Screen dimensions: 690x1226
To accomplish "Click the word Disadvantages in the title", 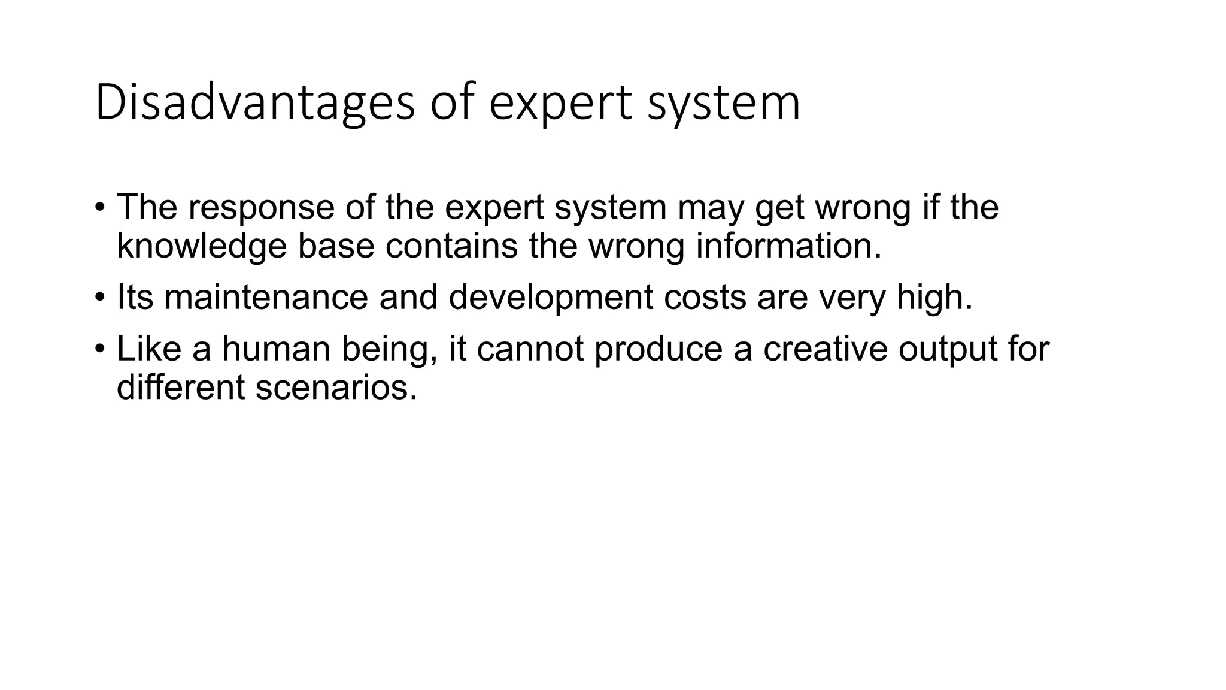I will coord(254,103).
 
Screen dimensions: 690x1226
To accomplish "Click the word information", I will coord(788,246).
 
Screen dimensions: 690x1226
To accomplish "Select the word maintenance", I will coord(266,297).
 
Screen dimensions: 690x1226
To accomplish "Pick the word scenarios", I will coord(336,387).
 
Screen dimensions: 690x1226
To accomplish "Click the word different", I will coord(180,387).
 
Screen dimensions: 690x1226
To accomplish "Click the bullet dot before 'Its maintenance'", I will coord(99,298).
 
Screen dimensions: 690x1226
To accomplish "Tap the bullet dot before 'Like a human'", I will coord(99,349).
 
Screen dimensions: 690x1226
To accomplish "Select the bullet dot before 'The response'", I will coord(99,208).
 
